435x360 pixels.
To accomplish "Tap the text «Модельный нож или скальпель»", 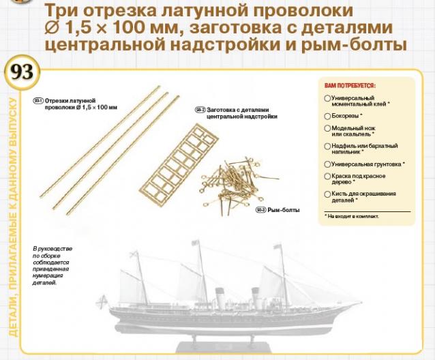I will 356,131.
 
